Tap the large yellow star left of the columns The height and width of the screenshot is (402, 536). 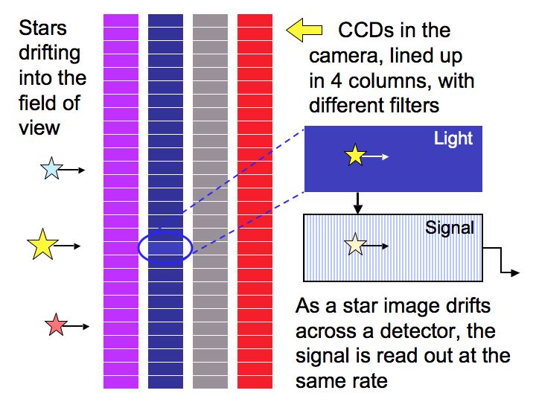click(x=42, y=245)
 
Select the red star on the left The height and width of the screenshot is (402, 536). click(x=55, y=325)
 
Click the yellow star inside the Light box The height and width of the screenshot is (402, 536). click(x=354, y=156)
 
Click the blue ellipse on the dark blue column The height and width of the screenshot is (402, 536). click(x=165, y=247)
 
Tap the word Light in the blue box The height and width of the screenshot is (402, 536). click(x=453, y=138)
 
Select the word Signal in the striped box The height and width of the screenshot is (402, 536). click(x=450, y=227)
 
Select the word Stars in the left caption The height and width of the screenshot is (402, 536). click(x=42, y=28)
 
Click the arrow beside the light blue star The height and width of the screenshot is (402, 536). click(x=72, y=170)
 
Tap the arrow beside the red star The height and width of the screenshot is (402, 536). click(x=77, y=326)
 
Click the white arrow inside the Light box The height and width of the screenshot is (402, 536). click(x=378, y=156)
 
